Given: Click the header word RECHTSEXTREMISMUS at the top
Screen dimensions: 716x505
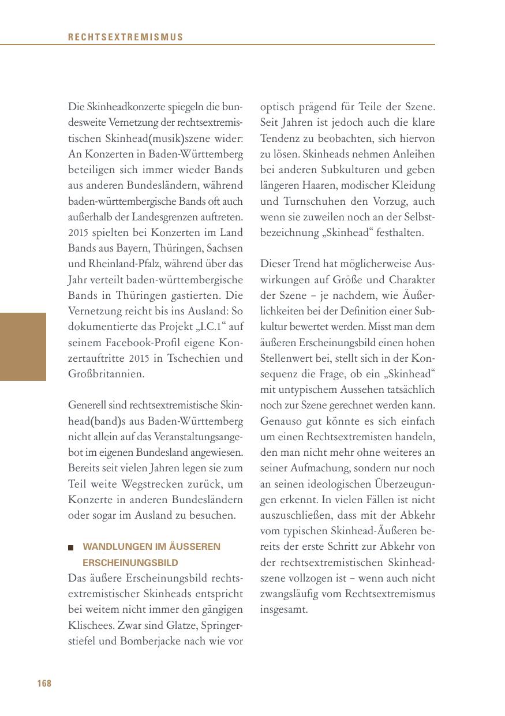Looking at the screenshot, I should (x=125, y=38).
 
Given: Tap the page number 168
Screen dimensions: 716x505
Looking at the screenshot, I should (x=44, y=684).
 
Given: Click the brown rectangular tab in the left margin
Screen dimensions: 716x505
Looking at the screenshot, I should (x=23, y=347).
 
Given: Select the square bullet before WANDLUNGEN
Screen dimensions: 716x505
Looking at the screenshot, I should (x=71, y=547).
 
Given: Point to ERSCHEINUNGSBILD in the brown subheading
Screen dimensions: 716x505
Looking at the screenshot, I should (x=130, y=562).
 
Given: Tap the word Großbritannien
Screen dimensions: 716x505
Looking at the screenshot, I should (x=106, y=374).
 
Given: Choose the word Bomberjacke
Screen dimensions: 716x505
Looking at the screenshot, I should (x=147, y=640).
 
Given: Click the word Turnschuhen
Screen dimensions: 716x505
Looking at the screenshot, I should (x=309, y=202).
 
